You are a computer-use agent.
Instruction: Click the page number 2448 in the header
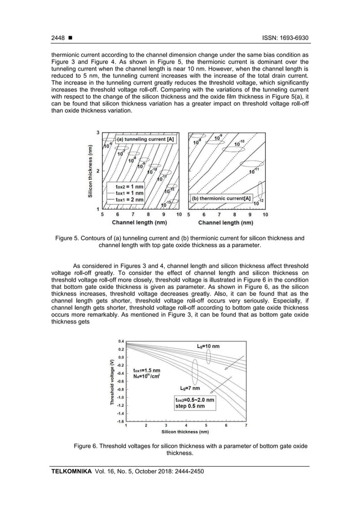(58, 37)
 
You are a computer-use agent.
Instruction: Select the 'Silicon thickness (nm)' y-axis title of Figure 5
(90, 171)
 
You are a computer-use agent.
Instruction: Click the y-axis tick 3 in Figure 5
(98, 133)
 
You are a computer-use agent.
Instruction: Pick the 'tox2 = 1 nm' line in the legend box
(129, 186)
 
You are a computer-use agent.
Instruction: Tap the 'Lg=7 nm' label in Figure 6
(191, 388)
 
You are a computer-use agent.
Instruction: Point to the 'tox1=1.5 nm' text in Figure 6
(146, 370)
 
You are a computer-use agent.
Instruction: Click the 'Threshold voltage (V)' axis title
(112, 381)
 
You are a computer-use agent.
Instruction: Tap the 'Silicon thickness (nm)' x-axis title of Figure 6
(184, 432)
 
